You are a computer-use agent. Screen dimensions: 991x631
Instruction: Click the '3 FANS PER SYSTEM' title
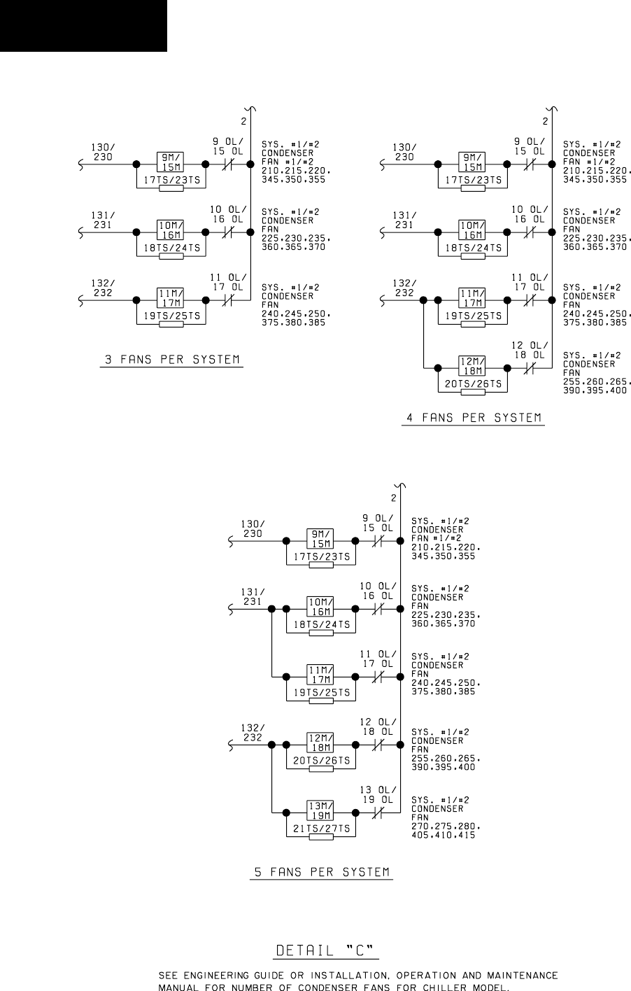pos(172,360)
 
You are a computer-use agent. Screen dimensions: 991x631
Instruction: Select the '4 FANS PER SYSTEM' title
pos(474,419)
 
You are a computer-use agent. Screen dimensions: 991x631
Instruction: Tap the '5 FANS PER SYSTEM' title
pos(322,873)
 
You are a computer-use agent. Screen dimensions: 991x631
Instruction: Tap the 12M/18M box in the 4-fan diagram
pos(473,365)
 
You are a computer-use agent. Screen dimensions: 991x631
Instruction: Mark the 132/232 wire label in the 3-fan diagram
pos(102,288)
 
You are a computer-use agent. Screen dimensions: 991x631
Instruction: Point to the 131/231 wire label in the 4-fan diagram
pos(405,220)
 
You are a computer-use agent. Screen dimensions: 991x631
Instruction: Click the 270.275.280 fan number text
pos(444,827)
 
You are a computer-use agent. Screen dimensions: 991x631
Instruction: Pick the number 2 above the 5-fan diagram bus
pos(393,498)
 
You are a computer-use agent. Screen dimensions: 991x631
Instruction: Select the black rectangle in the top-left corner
pos(83,26)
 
